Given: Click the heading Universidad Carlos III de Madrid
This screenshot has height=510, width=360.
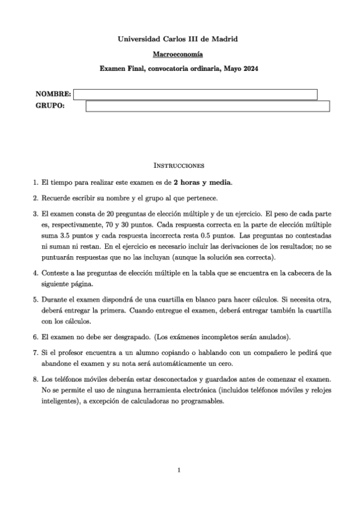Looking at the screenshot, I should click(178, 39).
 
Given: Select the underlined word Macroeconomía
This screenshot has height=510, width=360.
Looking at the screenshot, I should click(178, 54).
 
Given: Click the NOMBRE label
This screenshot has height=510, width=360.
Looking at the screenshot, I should click(53, 94).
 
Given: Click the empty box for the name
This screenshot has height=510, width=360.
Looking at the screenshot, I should click(195, 94).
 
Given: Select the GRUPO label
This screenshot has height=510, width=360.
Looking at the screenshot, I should click(50, 106).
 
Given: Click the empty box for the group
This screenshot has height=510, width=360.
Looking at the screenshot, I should click(207, 106).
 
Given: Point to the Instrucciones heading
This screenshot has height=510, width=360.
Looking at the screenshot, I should click(178, 164).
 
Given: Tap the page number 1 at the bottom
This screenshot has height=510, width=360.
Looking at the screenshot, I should click(179, 470).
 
